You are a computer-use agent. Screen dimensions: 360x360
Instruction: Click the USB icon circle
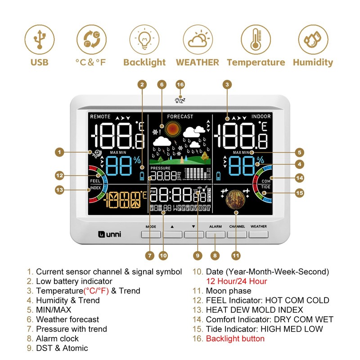coord(40,39)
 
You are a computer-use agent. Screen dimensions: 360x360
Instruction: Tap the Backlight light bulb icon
coord(144,39)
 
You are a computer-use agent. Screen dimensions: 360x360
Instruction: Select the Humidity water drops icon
coord(313,39)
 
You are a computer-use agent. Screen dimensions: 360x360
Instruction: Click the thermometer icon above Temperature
coord(256,39)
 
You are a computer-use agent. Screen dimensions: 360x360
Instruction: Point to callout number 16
coord(180,85)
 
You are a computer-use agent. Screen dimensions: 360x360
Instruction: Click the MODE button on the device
coord(151,234)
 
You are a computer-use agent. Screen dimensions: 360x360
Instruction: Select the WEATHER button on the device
coord(258,234)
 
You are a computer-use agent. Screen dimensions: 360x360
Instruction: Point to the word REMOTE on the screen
coord(100,117)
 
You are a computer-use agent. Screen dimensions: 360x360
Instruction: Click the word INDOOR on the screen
coord(261,117)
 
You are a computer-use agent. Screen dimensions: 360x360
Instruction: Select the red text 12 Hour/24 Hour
coord(236,281)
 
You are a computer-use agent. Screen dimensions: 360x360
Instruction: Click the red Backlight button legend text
coord(235,338)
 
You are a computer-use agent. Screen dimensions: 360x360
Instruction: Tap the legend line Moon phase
coord(229,291)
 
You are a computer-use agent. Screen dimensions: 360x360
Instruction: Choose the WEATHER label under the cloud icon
coord(198,63)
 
